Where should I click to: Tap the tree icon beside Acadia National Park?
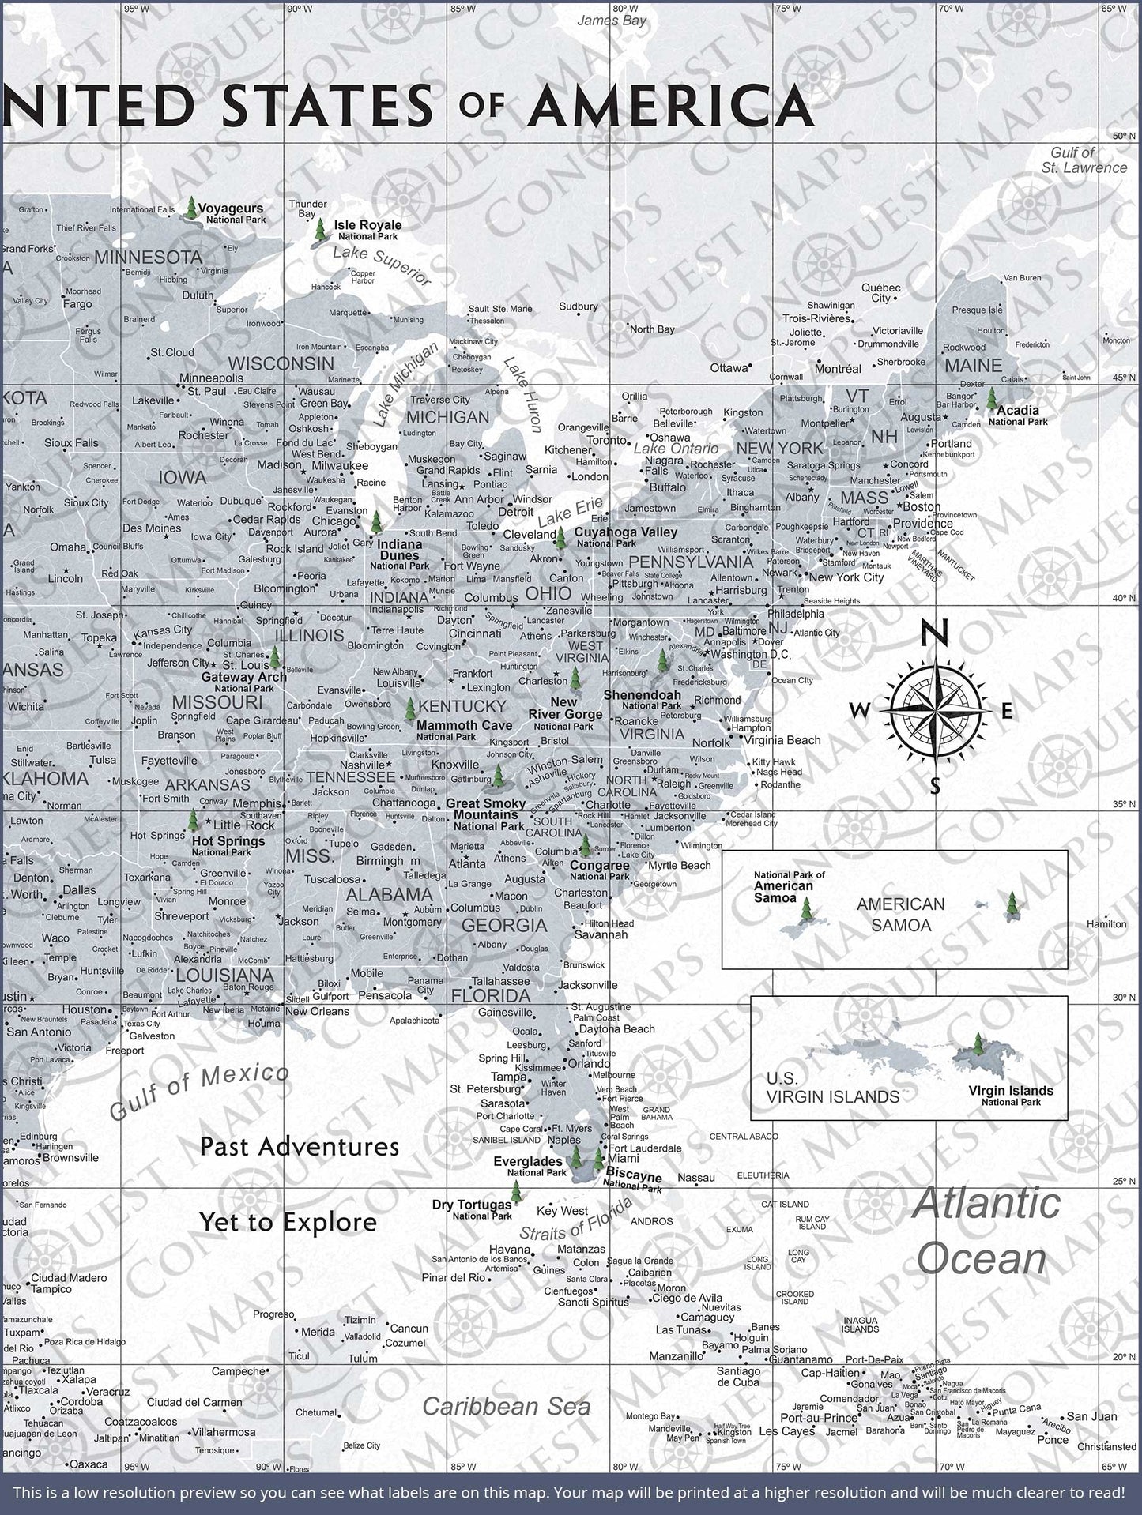(992, 397)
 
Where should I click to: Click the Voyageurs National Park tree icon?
(190, 209)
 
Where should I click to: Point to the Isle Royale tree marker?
(320, 231)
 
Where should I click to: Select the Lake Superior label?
(382, 266)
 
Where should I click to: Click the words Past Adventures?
(300, 1146)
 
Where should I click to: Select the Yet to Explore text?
(288, 1223)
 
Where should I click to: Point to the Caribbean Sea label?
(506, 1406)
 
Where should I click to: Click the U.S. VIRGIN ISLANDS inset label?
(832, 1088)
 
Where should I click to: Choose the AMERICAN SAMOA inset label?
(901, 914)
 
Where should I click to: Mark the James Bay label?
(611, 21)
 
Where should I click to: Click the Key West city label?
(562, 1211)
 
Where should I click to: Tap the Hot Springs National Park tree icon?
(192, 821)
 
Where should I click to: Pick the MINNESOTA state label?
(149, 258)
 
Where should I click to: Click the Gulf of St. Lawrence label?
(1083, 160)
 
